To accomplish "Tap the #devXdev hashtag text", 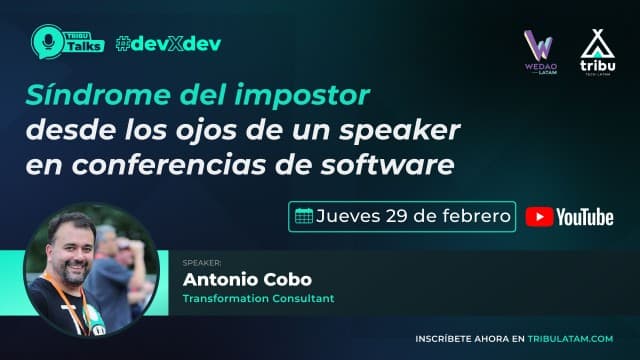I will pyautogui.click(x=168, y=44).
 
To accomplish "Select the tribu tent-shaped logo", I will pyautogui.click(x=597, y=48).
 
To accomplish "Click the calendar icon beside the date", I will pyautogui.click(x=302, y=215).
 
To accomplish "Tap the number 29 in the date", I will pyautogui.click(x=400, y=215).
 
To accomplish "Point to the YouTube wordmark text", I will pyautogui.click(x=585, y=216).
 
